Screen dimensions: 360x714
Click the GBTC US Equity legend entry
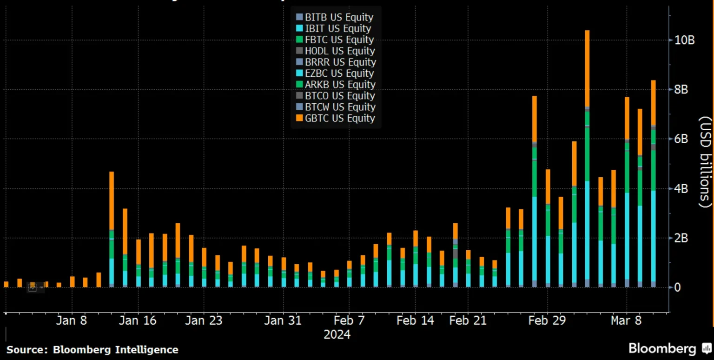(x=335, y=118)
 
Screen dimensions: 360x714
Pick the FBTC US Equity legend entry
(x=335, y=40)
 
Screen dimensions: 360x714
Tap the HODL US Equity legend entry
(x=335, y=51)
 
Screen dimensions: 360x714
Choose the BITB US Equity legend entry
(x=335, y=17)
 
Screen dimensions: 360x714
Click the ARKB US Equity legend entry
(x=335, y=84)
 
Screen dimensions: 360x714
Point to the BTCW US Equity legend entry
(x=335, y=107)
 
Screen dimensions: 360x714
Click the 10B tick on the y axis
(x=684, y=40)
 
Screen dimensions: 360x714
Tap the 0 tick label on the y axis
(x=677, y=287)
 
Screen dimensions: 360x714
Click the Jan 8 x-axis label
(x=72, y=321)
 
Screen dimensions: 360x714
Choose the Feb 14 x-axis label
(x=415, y=321)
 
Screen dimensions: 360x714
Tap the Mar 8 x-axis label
(x=626, y=321)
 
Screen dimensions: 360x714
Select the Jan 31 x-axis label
(x=283, y=321)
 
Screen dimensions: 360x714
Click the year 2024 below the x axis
(x=337, y=335)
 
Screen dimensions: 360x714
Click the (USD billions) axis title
(x=705, y=162)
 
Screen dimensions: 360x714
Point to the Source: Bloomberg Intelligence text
(x=92, y=350)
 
